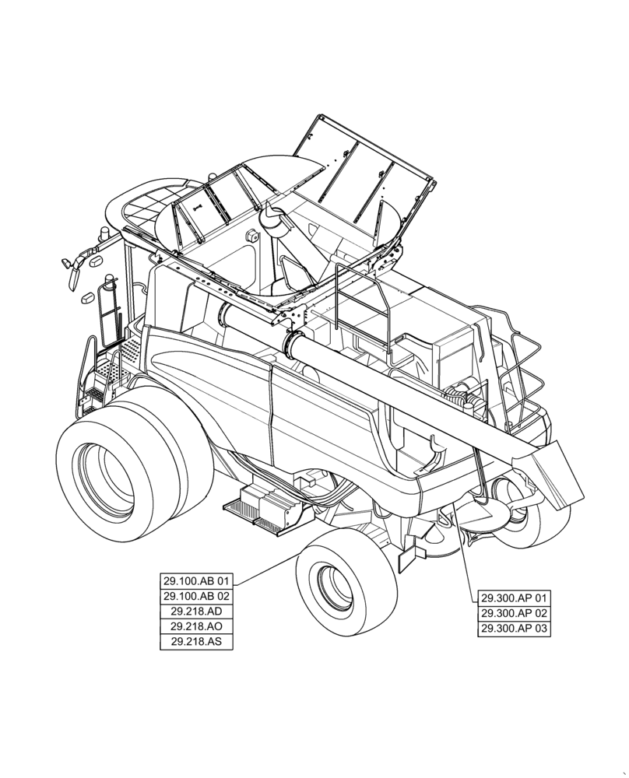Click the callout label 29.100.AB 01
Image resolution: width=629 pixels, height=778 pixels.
tap(196, 580)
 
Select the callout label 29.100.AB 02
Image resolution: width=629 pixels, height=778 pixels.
tap(196, 596)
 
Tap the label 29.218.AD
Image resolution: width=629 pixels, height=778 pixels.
tap(196, 612)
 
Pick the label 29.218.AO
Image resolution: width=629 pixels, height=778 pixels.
tap(196, 627)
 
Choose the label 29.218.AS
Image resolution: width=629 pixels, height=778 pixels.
tap(196, 643)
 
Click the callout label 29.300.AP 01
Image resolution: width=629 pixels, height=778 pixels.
tap(514, 598)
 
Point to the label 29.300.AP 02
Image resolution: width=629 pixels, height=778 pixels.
tap(514, 614)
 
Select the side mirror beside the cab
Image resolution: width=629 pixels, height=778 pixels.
tap(72, 269)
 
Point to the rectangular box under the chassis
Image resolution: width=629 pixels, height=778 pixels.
tap(268, 506)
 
